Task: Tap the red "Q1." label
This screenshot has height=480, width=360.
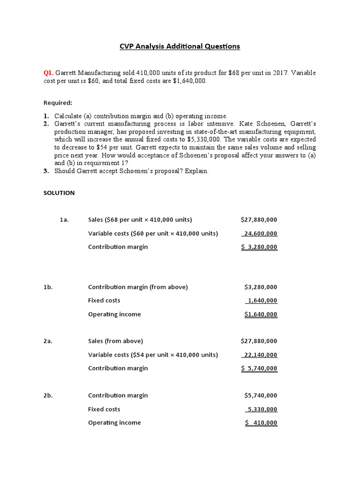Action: [x=48, y=73]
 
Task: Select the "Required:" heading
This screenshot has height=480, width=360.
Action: [x=58, y=103]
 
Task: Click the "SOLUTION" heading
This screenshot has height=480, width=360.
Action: [x=59, y=193]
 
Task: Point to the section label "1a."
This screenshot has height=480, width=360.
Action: [x=64, y=219]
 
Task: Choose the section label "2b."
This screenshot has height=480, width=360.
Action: [x=48, y=395]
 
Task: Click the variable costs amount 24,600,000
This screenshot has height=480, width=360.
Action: [x=260, y=233]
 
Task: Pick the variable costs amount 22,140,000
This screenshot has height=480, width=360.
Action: [x=260, y=355]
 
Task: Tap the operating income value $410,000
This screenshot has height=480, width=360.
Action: [x=262, y=423]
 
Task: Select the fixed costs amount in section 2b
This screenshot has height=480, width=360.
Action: [x=262, y=409]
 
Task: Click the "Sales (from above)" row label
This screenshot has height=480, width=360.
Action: [x=115, y=341]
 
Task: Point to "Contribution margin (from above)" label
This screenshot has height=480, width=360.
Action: [x=138, y=287]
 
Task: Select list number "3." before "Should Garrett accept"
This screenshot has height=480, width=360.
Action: [x=46, y=171]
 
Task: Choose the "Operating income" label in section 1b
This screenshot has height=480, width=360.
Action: [x=114, y=314]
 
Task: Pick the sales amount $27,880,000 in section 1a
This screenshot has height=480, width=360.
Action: [x=259, y=219]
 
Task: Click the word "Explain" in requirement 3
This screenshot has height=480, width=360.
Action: [x=196, y=171]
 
